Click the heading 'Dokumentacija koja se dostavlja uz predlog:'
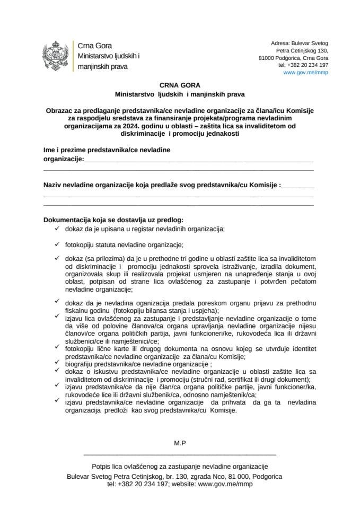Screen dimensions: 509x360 click(113, 220)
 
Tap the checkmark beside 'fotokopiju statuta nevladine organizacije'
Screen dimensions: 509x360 click(57, 244)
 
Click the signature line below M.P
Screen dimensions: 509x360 click(180, 455)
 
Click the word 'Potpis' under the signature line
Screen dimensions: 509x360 click(102, 466)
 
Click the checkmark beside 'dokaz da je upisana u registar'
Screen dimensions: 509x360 click(57, 229)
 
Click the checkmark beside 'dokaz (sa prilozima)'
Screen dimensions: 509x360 click(57, 257)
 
